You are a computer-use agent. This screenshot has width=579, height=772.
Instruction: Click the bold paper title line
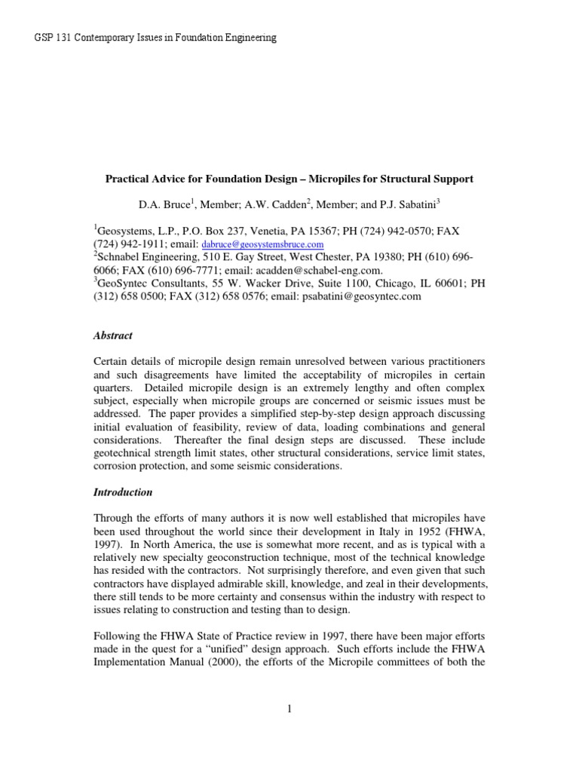coord(289,179)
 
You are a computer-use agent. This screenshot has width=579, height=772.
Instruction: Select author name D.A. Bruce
coord(156,204)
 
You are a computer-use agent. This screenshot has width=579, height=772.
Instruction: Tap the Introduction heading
coord(123,492)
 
